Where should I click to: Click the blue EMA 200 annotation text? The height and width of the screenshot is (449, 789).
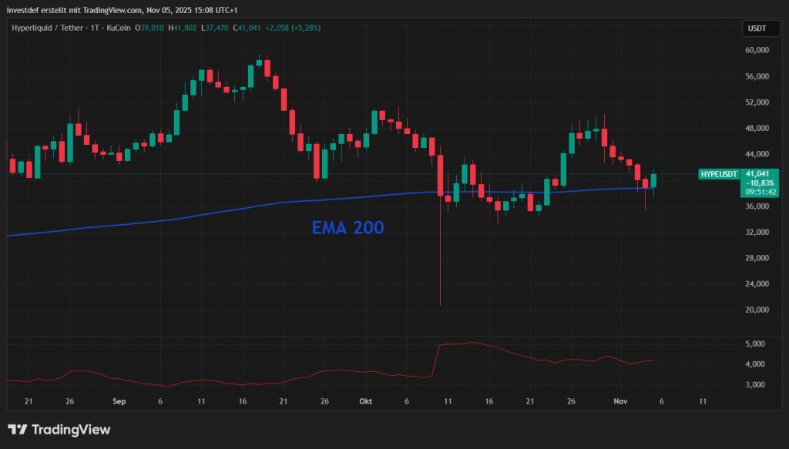(x=347, y=228)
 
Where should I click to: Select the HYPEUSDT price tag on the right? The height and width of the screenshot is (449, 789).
(x=717, y=175)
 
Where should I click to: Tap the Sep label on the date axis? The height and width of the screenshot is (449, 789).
(x=119, y=401)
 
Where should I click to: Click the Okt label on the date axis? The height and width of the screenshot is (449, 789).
(x=365, y=401)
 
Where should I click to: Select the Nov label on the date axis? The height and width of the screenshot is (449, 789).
(x=619, y=401)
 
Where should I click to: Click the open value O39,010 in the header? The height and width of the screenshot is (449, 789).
(x=150, y=28)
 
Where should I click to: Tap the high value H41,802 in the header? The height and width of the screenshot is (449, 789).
(x=182, y=28)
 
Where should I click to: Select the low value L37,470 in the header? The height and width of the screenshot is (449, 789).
(x=213, y=28)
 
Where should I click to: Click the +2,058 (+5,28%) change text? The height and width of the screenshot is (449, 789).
(x=293, y=28)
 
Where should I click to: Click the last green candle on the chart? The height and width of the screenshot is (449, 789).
(x=653, y=181)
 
